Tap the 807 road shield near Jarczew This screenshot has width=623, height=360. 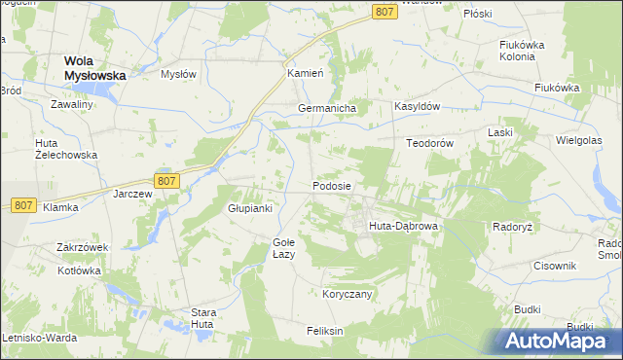[x=165, y=181]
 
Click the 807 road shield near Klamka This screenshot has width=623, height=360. [x=24, y=205]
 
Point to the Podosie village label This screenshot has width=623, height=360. [x=332, y=185]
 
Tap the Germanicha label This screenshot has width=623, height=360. [x=327, y=108]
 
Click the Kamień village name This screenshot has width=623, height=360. [x=303, y=74]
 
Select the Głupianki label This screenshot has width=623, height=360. [x=249, y=208]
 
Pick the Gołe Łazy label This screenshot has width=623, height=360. [x=283, y=248]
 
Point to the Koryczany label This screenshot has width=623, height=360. [x=348, y=293]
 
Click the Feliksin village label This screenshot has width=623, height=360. [x=325, y=331]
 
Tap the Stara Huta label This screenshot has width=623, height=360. [x=202, y=318]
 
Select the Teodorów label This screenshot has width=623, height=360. [x=430, y=142]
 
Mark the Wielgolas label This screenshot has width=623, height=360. [x=578, y=139]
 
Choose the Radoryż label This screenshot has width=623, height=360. [x=512, y=226]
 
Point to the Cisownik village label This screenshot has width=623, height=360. [x=556, y=266]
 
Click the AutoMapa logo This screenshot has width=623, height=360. [x=558, y=340]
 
